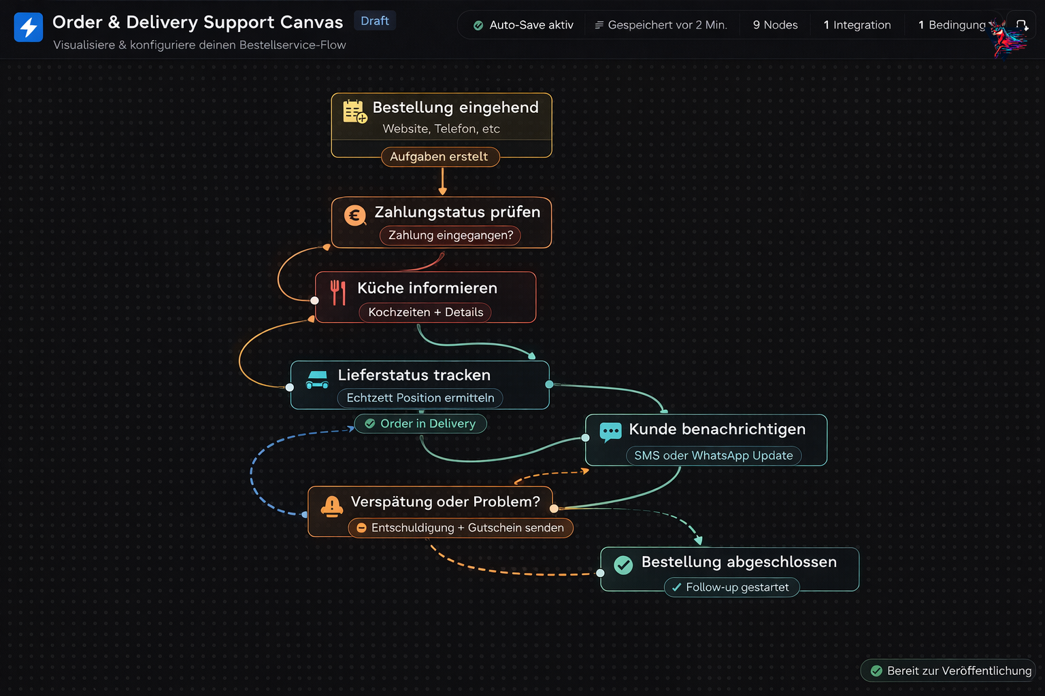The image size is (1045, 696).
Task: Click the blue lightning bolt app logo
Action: pos(29,27)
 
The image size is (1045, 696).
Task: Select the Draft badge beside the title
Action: pos(375,21)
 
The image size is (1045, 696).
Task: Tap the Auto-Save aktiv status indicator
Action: pos(523,25)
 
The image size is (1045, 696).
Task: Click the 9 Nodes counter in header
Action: pos(775,25)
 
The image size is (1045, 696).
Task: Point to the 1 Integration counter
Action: pos(857,25)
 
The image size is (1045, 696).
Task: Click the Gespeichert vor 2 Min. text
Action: pos(661,25)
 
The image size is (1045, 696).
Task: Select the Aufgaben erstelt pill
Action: pos(439,157)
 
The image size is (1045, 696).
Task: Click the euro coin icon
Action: pos(354,216)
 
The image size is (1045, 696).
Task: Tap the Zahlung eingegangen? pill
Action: pos(450,235)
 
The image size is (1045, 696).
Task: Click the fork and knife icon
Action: pos(337,292)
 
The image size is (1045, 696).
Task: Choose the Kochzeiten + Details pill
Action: pos(425,313)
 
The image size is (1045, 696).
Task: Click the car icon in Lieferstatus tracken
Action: pos(317,379)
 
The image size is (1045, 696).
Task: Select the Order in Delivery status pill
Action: pos(420,423)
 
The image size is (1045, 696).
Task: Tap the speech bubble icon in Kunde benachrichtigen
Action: pos(610,432)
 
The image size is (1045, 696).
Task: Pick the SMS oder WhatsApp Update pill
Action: pos(713,455)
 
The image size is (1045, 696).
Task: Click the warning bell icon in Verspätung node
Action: pos(331,506)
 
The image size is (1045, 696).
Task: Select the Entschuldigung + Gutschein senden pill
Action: pos(461,528)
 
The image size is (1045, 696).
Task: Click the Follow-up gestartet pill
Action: pos(731,587)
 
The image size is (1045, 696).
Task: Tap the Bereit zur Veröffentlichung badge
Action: pos(950,671)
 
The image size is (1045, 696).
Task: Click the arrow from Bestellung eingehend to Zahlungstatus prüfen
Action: pos(443,180)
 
